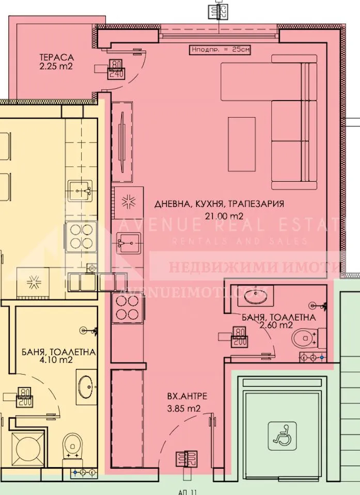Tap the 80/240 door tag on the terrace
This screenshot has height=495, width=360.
(115, 70)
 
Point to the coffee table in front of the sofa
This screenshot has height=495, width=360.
(242, 143)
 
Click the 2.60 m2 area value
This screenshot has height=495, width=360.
(277, 325)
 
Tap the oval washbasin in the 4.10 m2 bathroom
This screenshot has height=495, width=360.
(86, 385)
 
